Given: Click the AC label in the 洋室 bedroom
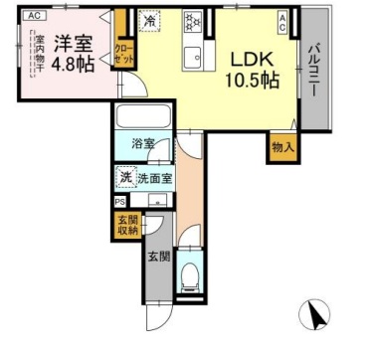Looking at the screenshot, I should tap(34, 16).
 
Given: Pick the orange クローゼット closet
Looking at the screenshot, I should tap(122, 51).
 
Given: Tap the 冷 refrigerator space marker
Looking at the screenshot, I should tap(148, 20).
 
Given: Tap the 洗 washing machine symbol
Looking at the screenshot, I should tap(126, 179).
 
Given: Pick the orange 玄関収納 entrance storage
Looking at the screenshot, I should tap(126, 227).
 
